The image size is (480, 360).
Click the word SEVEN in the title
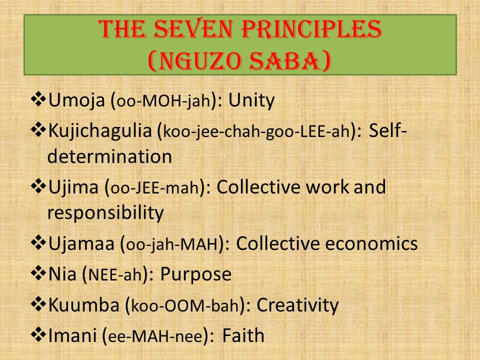194,29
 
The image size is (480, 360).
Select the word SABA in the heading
286,60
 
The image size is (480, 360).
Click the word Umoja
76,100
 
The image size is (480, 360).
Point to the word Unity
251,100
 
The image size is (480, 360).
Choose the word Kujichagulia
100,131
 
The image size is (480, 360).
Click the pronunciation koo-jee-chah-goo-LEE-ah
256,131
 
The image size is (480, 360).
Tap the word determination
109,156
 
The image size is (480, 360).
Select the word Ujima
73,187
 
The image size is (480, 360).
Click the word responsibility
105,213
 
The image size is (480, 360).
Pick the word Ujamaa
81,243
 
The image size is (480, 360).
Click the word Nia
62,274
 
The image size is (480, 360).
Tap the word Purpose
196,275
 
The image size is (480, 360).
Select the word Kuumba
83,305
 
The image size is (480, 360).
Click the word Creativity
297,305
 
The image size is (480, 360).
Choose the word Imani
72,335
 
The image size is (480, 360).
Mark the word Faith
243,335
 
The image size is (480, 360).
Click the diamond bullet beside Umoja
38,100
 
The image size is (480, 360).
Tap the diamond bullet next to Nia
38,273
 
